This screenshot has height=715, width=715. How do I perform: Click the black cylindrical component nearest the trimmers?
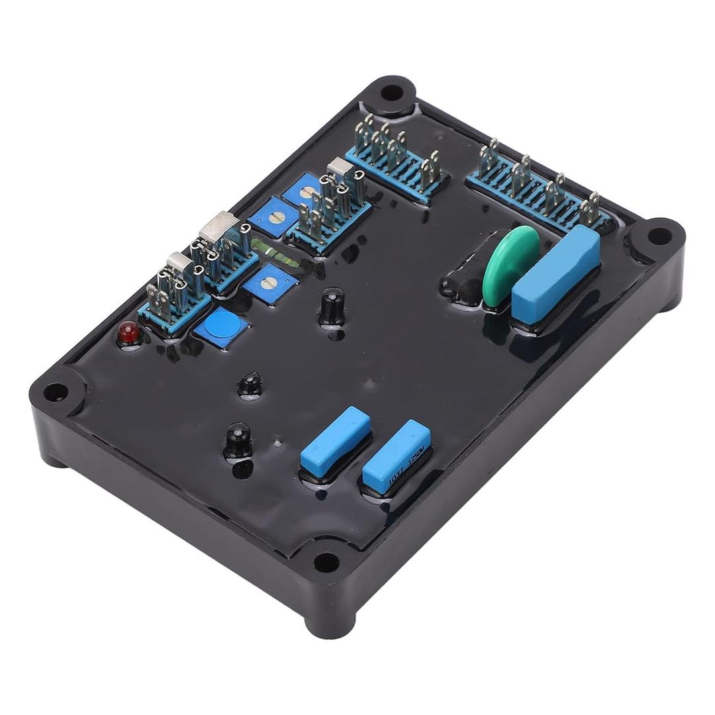click(x=332, y=307)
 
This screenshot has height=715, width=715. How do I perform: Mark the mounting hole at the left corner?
click(x=56, y=392)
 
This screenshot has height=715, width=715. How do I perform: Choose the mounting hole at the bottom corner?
click(x=326, y=563)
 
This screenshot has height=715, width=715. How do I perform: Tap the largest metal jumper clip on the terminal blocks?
click(x=219, y=225)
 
